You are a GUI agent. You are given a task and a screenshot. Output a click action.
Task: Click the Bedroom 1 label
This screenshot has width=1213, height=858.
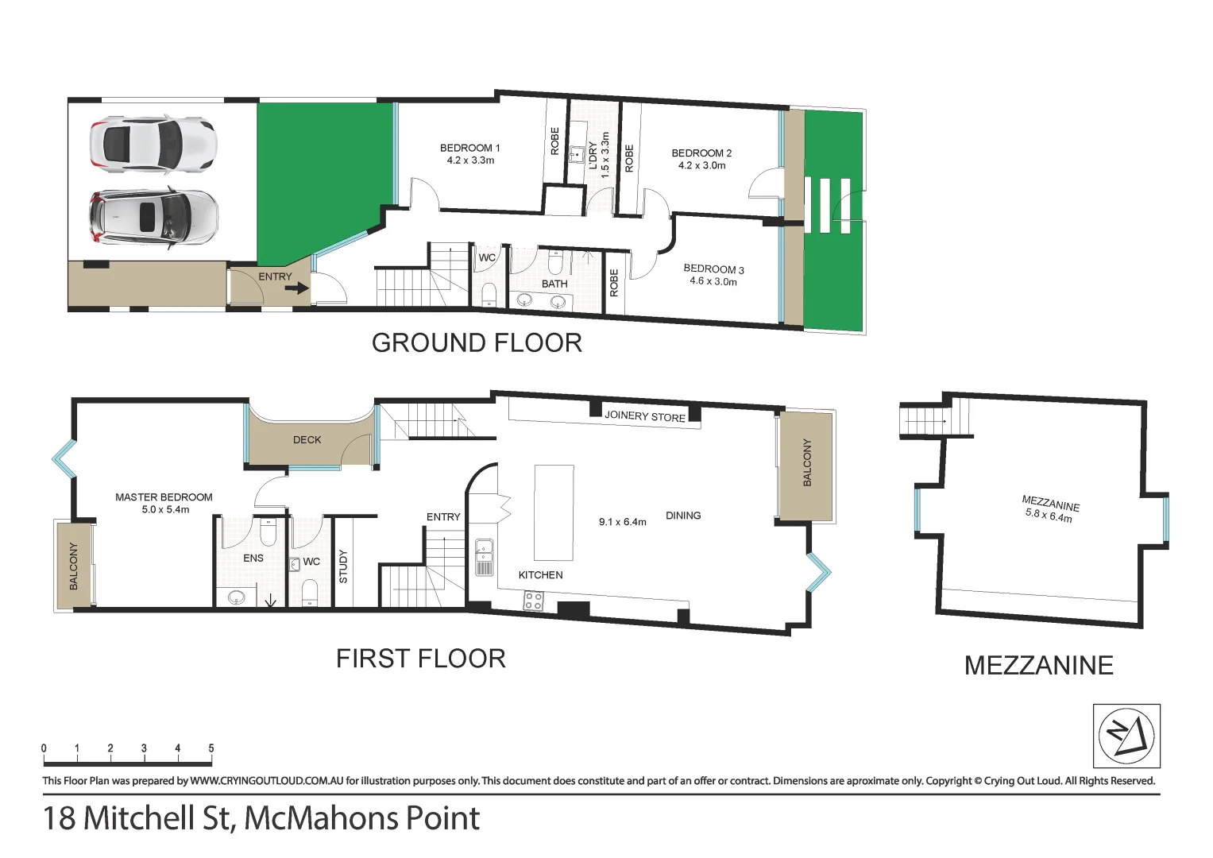click(x=469, y=148)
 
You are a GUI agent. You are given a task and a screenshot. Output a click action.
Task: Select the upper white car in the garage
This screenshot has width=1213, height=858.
click(x=153, y=144)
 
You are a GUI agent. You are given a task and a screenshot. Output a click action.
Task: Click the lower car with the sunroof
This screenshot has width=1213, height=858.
click(x=154, y=217)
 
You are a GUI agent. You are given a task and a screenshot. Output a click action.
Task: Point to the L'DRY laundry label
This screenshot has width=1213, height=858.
click(x=593, y=156)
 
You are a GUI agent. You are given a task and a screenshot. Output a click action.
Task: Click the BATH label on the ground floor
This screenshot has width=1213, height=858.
click(x=554, y=284)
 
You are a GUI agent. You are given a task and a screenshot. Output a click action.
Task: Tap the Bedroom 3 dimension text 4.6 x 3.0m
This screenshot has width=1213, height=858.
click(x=713, y=281)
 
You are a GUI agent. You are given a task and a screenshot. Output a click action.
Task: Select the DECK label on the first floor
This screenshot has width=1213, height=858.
click(x=307, y=440)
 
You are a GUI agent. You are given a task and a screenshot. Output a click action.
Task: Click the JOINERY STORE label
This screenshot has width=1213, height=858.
click(x=645, y=416)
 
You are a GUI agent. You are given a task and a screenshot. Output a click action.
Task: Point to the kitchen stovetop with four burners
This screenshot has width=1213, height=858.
click(x=533, y=601)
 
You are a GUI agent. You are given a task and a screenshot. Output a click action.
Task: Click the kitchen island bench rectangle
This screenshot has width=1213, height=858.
click(x=554, y=512)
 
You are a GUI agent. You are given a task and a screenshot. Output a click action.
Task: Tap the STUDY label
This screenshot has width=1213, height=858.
click(x=343, y=566)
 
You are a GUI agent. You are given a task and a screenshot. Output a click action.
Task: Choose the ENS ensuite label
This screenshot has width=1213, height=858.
click(x=253, y=558)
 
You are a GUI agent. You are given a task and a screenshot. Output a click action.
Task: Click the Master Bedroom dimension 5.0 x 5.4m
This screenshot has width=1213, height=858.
click(x=165, y=509)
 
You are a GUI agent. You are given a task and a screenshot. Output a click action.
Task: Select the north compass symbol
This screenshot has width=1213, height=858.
click(x=1126, y=736)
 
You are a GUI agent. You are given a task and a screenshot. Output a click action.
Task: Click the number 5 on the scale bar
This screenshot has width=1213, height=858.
click(x=211, y=748)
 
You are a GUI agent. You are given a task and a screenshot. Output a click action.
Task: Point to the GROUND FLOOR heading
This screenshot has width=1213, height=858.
click(x=477, y=343)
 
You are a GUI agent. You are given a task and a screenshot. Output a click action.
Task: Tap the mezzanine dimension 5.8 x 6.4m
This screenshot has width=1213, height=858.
click(x=1049, y=516)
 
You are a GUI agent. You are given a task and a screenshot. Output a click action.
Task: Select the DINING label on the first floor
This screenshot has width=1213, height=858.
click(x=683, y=516)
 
